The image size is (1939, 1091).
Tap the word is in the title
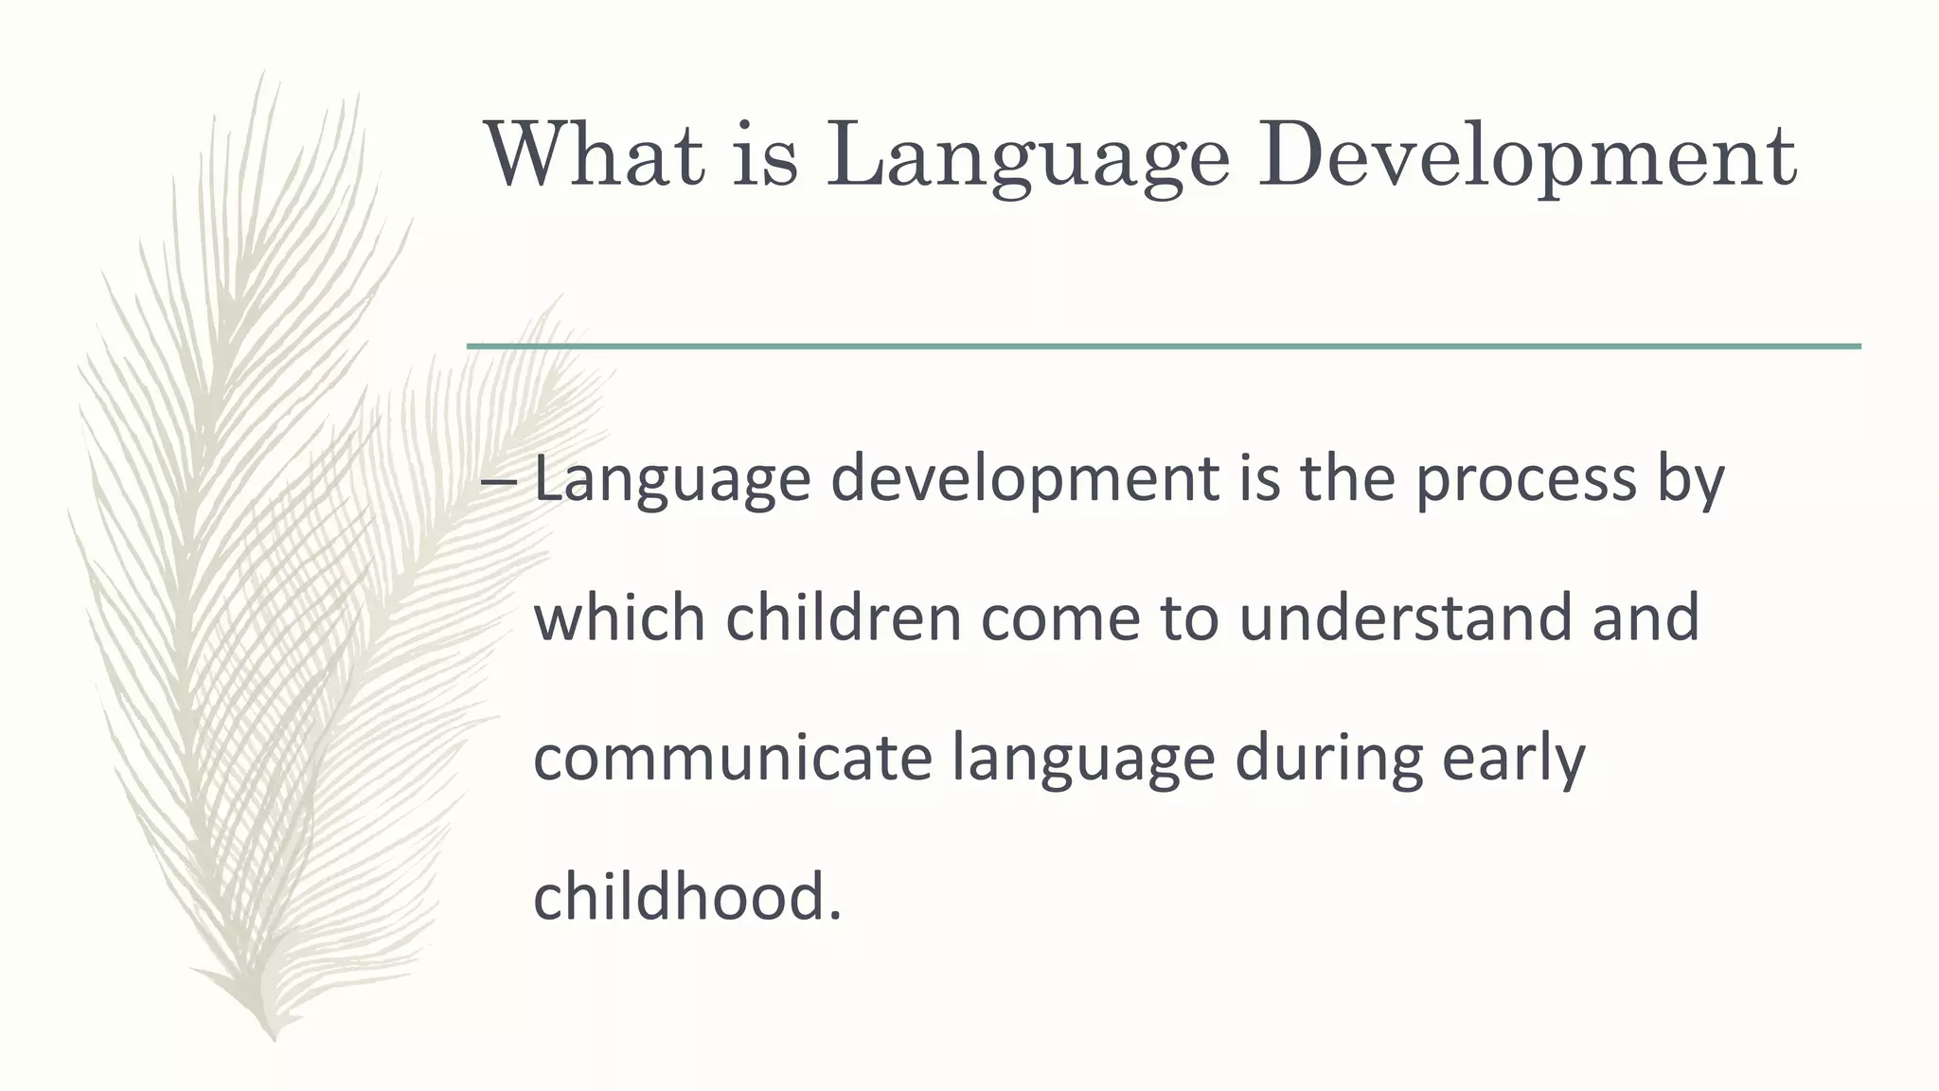click(x=765, y=154)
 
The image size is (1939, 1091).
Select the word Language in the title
click(x=1027, y=154)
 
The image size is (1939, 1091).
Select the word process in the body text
click(x=1526, y=479)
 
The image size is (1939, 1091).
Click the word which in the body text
click(x=620, y=617)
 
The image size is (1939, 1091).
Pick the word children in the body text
click(x=844, y=617)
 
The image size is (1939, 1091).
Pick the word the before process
click(x=1348, y=479)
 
